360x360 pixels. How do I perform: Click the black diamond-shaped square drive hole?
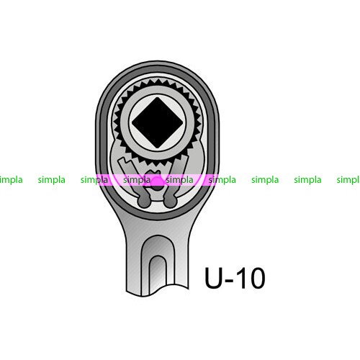[157, 122]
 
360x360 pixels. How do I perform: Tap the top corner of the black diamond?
[157, 97]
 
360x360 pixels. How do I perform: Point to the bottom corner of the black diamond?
[157, 148]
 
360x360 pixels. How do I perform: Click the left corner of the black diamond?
[132, 122]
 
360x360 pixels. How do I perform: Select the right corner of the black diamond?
[183, 122]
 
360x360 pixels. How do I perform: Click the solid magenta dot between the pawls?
[158, 181]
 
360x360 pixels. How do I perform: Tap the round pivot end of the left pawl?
[144, 202]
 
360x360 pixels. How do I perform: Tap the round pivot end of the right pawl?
[171, 202]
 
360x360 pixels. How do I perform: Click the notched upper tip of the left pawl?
[125, 161]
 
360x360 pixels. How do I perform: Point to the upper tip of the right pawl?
[183, 159]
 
